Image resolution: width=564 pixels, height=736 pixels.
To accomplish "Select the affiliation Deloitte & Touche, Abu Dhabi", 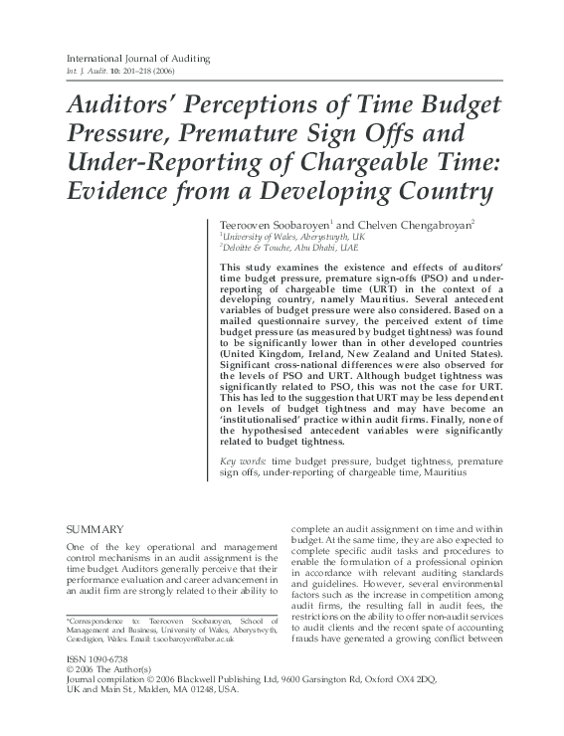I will (x=297, y=251).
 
